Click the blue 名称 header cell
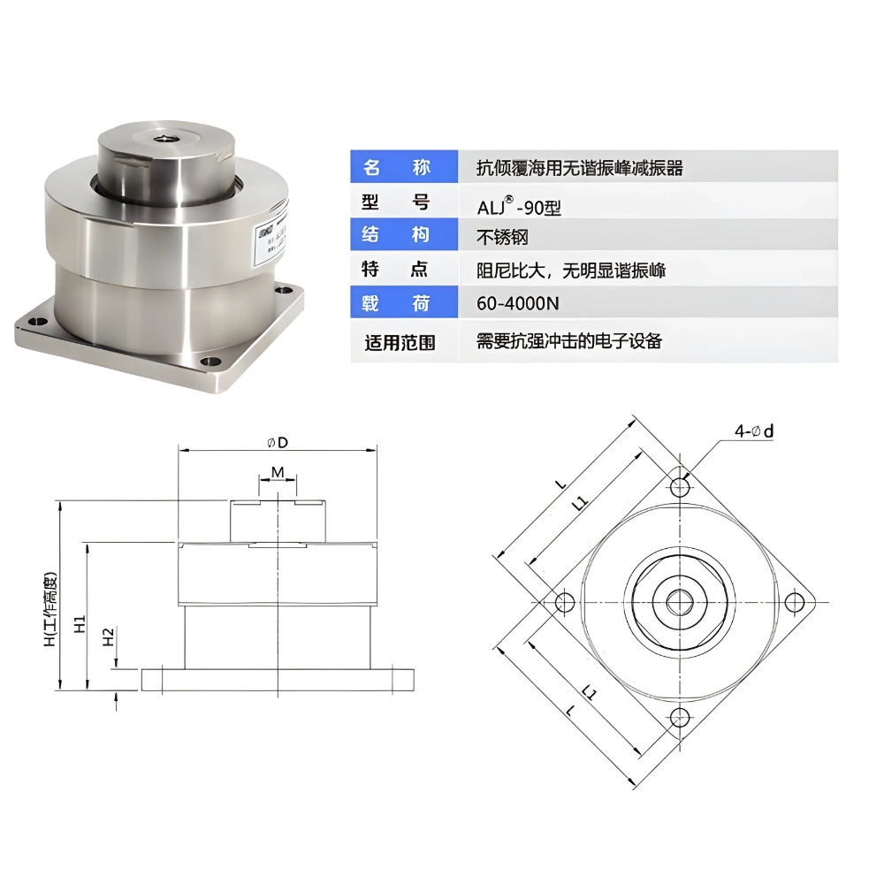coord(403,167)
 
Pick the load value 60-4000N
coord(518,304)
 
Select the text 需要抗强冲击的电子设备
coord(569,341)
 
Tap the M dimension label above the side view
coord(278,472)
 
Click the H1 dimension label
coord(79,624)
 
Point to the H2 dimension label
coord(108,636)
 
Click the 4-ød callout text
coord(753,431)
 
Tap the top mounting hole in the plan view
coord(680,487)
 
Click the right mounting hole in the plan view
coord(796,603)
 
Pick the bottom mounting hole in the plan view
coord(680,717)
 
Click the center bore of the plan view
coord(680,603)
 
